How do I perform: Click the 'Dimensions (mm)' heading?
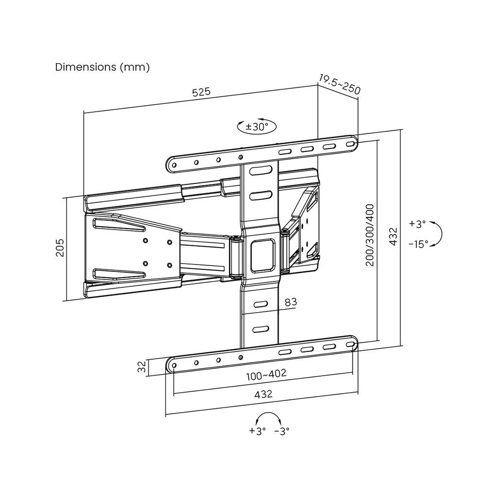102,67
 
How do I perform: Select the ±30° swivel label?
257,127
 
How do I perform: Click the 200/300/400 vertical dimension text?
370,234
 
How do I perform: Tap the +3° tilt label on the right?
417,224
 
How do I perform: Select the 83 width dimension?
290,302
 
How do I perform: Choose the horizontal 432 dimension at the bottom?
264,394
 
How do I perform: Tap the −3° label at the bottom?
282,431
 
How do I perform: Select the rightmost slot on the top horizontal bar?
350,144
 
